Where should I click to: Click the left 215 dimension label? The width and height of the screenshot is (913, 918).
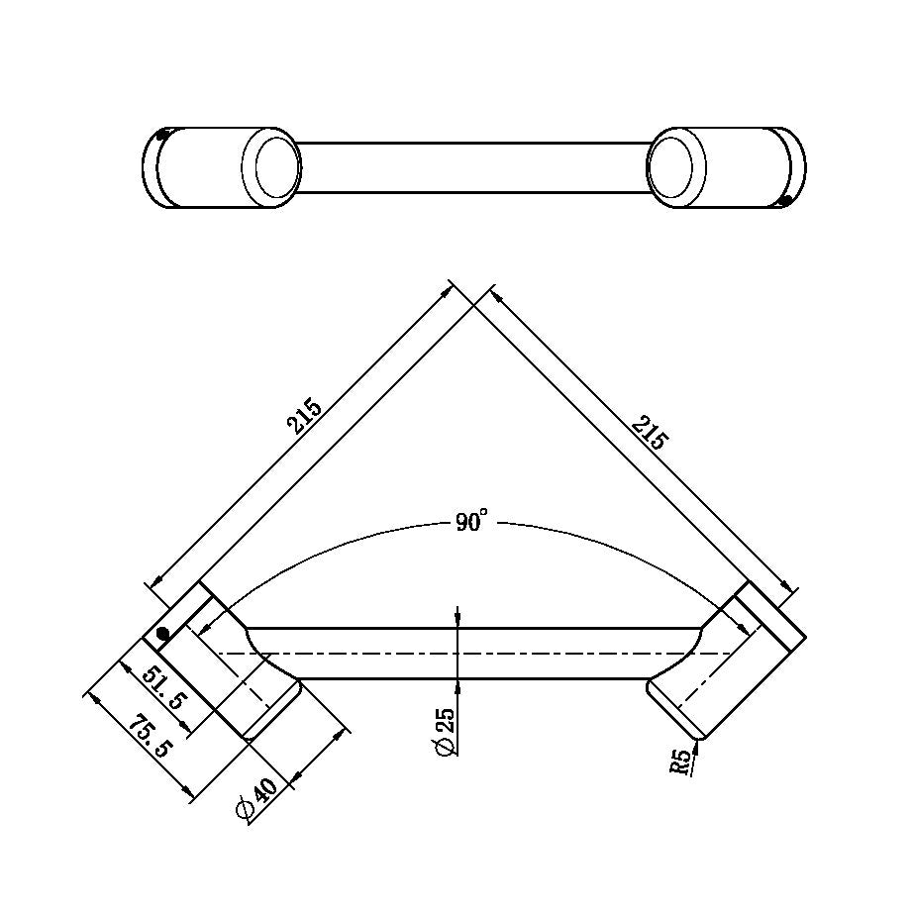[x=305, y=416]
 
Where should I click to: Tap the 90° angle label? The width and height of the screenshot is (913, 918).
[x=472, y=522]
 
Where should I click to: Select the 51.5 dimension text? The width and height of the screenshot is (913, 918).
[x=163, y=686]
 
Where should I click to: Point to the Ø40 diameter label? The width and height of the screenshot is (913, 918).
[x=255, y=800]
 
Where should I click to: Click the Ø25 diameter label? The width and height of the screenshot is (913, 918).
[x=445, y=733]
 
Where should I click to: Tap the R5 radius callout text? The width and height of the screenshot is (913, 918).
[x=679, y=762]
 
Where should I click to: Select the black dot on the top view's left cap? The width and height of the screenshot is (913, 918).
[x=161, y=136]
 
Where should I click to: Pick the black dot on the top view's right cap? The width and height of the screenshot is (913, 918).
[x=786, y=201]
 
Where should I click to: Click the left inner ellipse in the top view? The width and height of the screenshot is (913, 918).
[x=276, y=165]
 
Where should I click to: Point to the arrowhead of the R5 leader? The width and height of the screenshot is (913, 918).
[x=699, y=744]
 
